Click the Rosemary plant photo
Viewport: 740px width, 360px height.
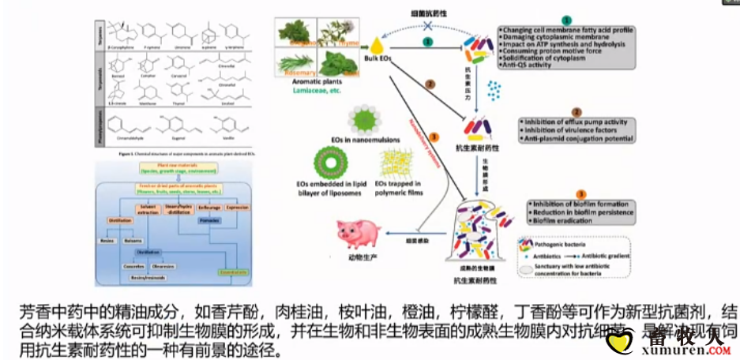tap(295, 61)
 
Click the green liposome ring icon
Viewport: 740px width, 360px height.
tap(326, 164)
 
